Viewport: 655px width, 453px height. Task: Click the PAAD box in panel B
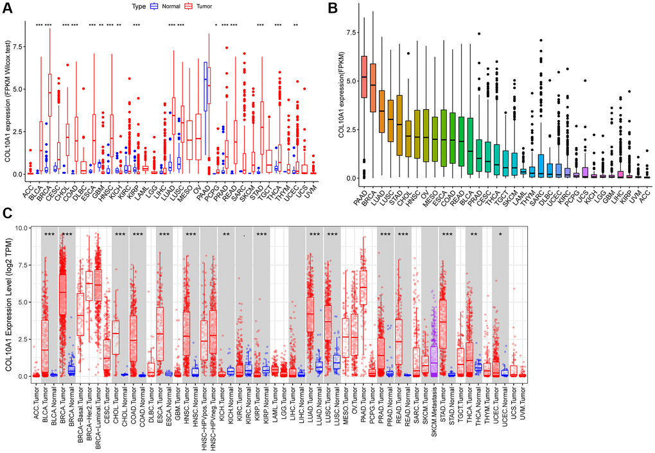[365, 76]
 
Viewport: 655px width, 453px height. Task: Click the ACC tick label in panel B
[647, 191]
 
